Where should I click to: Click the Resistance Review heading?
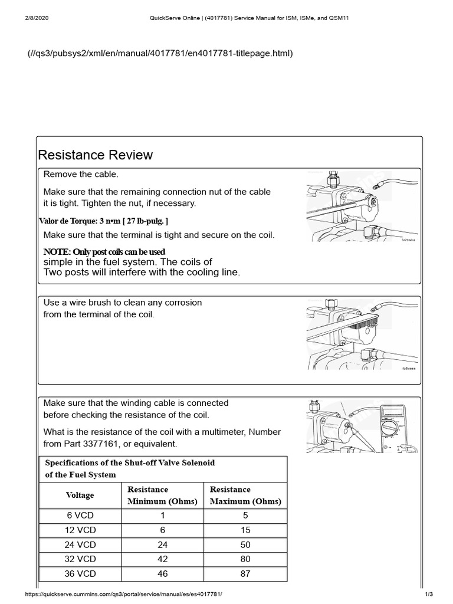[95, 155]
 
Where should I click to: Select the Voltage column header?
[80, 495]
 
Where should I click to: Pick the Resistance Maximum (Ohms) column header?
[245, 495]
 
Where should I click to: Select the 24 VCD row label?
[80, 544]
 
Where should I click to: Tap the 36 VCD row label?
[80, 573]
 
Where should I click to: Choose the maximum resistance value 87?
[245, 573]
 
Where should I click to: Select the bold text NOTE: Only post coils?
[104, 252]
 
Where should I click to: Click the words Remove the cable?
[81, 175]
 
